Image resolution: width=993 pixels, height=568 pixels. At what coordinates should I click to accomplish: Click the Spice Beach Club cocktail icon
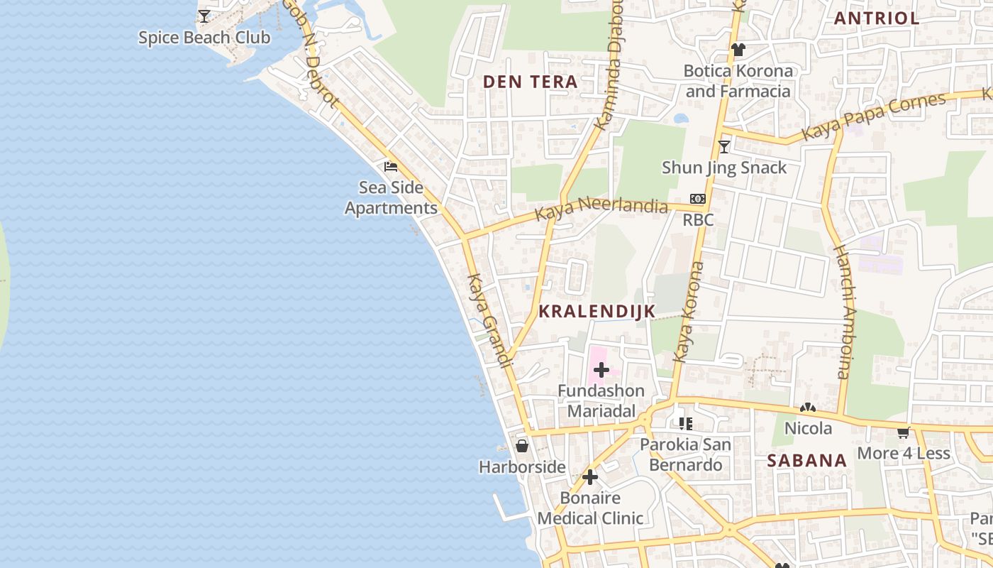pyautogui.click(x=204, y=16)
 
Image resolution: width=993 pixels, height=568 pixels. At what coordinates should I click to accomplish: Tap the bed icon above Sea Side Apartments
pyautogui.click(x=391, y=168)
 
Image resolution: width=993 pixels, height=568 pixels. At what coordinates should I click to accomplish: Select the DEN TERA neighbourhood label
pyautogui.click(x=531, y=82)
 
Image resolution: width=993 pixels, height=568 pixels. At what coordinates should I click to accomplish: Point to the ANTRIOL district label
pyautogui.click(x=877, y=18)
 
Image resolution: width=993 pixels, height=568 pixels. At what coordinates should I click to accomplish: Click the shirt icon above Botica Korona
pyautogui.click(x=738, y=50)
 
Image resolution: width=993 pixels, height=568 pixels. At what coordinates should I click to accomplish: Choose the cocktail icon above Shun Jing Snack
pyautogui.click(x=724, y=147)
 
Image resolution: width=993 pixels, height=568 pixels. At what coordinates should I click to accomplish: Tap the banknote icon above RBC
pyautogui.click(x=698, y=199)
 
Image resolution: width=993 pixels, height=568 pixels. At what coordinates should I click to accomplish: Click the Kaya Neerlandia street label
pyautogui.click(x=601, y=209)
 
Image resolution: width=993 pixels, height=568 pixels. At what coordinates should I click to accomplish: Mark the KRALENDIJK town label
pyautogui.click(x=597, y=311)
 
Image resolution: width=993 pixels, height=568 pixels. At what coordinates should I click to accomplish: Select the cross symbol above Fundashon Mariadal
pyautogui.click(x=601, y=370)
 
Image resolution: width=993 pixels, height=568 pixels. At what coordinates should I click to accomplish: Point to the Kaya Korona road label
pyautogui.click(x=688, y=312)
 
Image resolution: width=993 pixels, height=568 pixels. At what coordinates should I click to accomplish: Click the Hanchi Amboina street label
pyautogui.click(x=841, y=312)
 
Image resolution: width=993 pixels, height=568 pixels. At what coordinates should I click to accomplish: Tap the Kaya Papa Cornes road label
pyautogui.click(x=873, y=116)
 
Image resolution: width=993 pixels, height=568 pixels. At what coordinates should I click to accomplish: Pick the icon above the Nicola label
pyautogui.click(x=807, y=408)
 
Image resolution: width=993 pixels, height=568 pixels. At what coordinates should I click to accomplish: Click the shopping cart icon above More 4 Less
pyautogui.click(x=904, y=432)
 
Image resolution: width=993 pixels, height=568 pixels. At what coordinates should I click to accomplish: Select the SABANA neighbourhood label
pyautogui.click(x=807, y=461)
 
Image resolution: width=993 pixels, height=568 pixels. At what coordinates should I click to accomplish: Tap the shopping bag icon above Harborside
pyautogui.click(x=522, y=446)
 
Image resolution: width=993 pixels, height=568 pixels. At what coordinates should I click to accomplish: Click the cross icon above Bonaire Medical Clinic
pyautogui.click(x=590, y=477)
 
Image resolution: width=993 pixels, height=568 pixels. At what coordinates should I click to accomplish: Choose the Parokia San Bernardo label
pyautogui.click(x=685, y=455)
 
